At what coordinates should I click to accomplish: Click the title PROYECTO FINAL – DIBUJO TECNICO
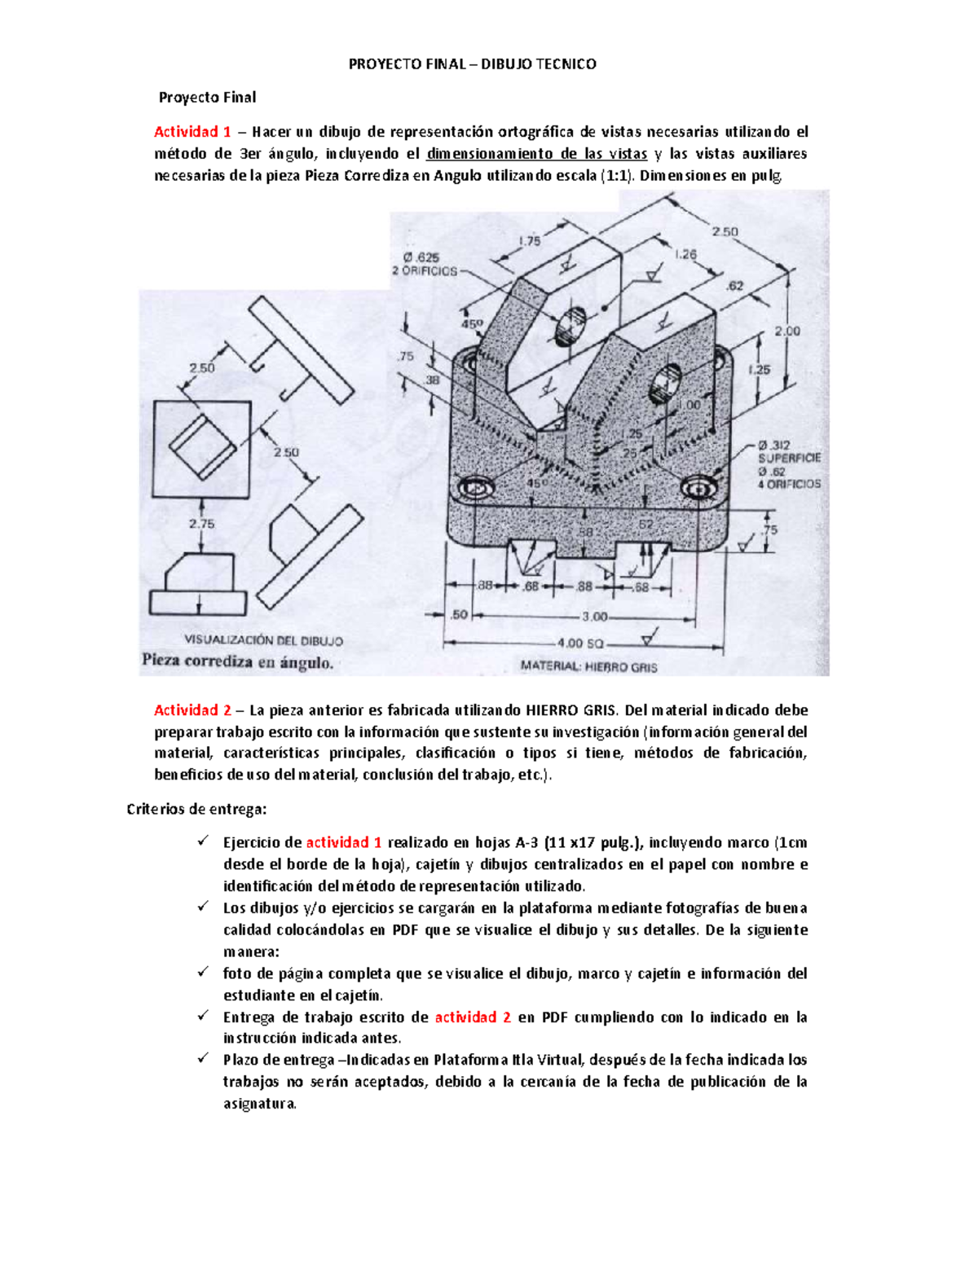point(472,64)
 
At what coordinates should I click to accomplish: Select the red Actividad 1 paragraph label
point(192,132)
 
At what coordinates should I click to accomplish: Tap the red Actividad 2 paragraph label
point(192,710)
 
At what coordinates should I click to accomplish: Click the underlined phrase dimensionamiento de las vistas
point(537,154)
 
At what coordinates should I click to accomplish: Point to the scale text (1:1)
point(617,176)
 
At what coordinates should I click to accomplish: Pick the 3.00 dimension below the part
point(594,617)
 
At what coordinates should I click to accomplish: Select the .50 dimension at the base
point(460,614)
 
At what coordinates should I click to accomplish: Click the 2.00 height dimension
point(786,331)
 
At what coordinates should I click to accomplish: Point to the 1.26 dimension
point(685,254)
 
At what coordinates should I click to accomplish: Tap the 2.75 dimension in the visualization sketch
point(201,524)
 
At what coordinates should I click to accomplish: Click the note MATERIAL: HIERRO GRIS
point(588,666)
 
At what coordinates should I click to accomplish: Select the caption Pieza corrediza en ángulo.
point(237,662)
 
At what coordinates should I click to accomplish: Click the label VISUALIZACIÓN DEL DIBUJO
point(264,641)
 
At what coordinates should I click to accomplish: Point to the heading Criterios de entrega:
point(196,810)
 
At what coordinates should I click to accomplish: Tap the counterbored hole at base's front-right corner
point(699,488)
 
